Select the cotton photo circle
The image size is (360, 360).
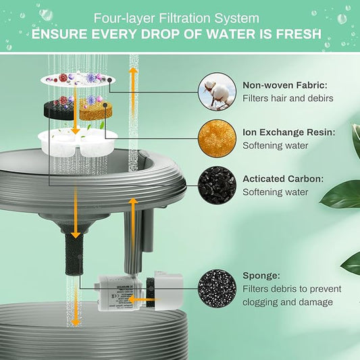pos(217,93)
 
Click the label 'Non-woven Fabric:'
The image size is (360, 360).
pos(284,85)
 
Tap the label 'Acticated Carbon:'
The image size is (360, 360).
pos(283,179)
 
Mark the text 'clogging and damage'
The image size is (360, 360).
pos(288,303)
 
